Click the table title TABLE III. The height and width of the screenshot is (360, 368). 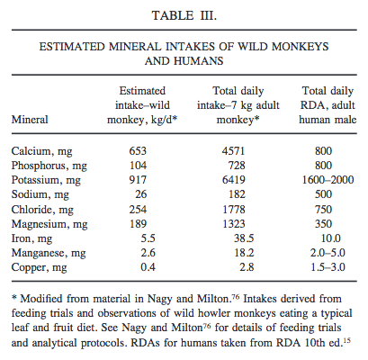pos(184,15)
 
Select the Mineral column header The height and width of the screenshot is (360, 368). pos(30,120)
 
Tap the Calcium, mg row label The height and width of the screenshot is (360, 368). pos(41,151)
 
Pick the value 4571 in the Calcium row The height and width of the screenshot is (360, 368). pos(233,150)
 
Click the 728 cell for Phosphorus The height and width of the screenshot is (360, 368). pos(237,165)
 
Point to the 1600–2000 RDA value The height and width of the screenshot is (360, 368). pos(328,180)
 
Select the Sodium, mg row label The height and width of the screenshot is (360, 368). pos(40,194)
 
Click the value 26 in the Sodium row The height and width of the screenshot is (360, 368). pos(141,194)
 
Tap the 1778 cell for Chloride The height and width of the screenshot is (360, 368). pos(234,209)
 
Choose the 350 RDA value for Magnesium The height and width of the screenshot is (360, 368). pos(323,224)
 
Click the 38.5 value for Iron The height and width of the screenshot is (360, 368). pos(244,238)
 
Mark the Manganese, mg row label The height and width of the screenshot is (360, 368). pos(49,253)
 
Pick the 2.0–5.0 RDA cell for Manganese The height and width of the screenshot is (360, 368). pos(328,253)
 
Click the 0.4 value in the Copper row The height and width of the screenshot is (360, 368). pos(148,267)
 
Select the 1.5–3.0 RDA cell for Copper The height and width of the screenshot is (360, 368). pos(328,267)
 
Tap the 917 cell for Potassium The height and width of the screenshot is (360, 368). pos(138,180)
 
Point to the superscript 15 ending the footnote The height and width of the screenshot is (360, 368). pos(347,340)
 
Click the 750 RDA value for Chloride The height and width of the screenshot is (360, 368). pos(323,209)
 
